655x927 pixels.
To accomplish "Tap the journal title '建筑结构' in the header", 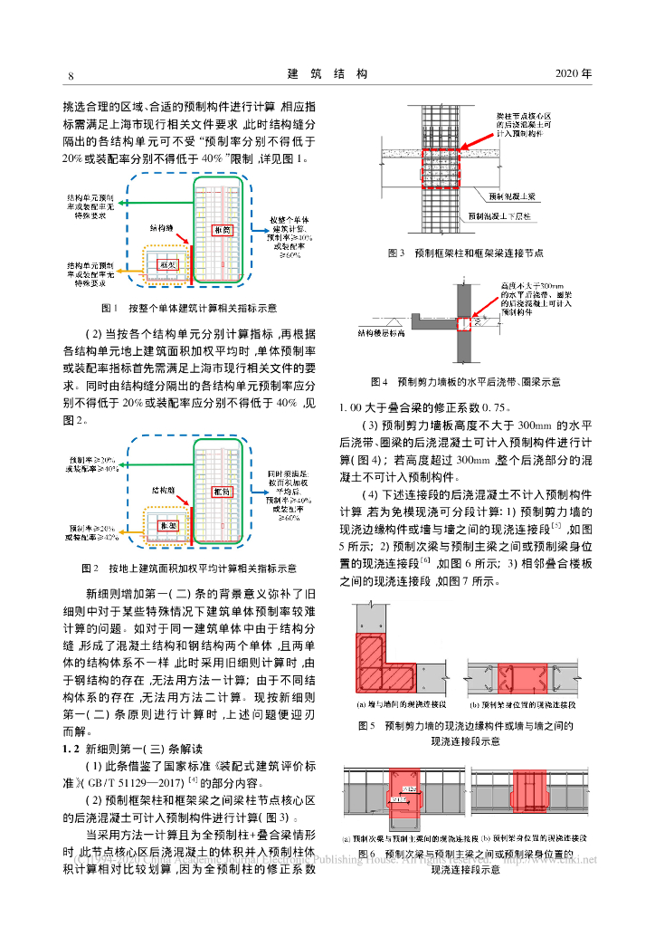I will click(x=327, y=73).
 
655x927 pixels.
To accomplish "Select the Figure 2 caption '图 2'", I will click(x=89, y=569).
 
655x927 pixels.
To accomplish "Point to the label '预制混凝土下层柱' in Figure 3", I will click(x=503, y=215).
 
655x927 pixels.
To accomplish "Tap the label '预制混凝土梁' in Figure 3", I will click(x=512, y=196).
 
